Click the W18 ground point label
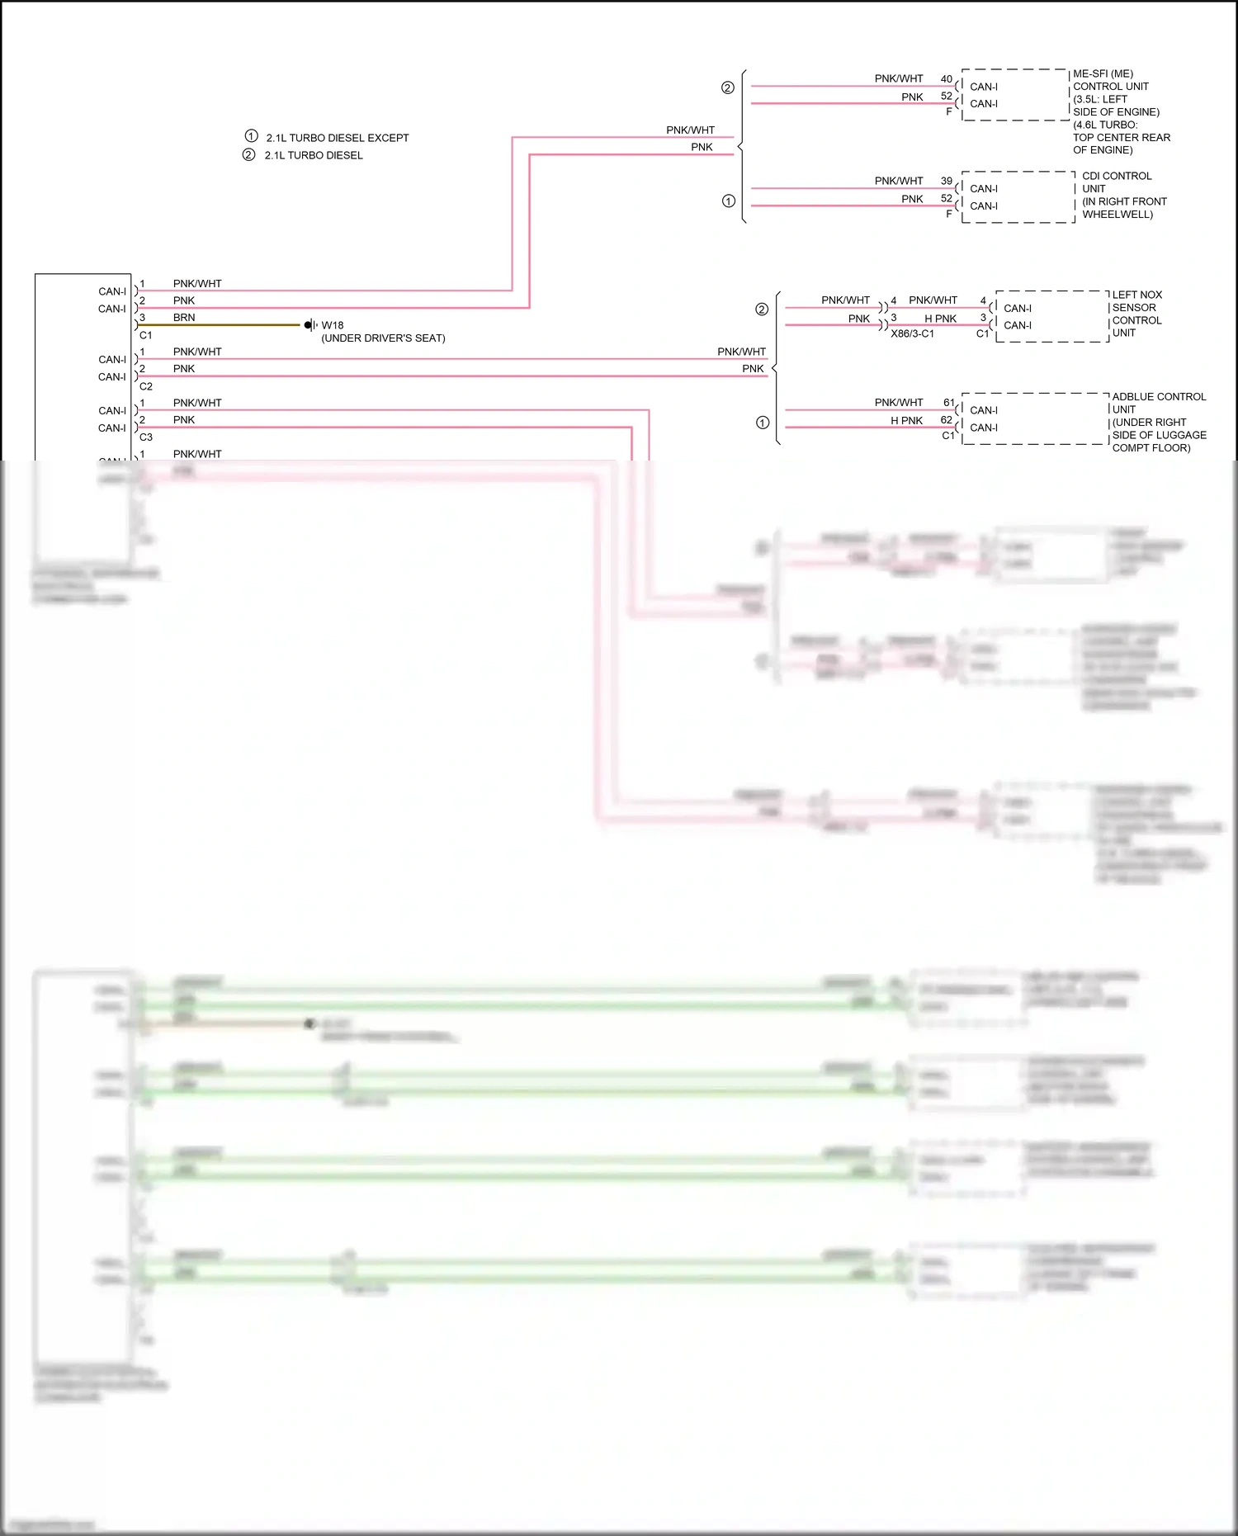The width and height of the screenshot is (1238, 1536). coord(332,325)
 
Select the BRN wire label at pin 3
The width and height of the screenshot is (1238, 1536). coord(184,318)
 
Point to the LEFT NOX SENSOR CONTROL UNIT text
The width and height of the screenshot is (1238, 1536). coord(1136,314)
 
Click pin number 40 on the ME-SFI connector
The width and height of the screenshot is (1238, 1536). coord(946,79)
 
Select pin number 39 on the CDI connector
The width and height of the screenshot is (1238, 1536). coord(946,181)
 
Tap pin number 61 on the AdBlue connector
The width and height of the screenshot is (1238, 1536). coord(948,403)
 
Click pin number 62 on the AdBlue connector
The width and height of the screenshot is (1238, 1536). coord(946,420)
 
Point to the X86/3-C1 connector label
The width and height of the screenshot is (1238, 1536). coord(912,334)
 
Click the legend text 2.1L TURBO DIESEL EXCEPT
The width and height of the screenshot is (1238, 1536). coord(337,138)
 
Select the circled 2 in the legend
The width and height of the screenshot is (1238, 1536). coord(248,154)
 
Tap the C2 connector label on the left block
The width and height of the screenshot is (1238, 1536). coord(146,386)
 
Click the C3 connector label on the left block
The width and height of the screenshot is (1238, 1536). coord(146,437)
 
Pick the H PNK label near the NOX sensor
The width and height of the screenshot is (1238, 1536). coord(940,319)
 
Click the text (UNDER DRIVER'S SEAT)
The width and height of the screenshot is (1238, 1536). coord(383,338)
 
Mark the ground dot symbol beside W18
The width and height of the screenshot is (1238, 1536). coord(308,325)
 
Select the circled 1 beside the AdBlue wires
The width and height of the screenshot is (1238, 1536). coord(762,423)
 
